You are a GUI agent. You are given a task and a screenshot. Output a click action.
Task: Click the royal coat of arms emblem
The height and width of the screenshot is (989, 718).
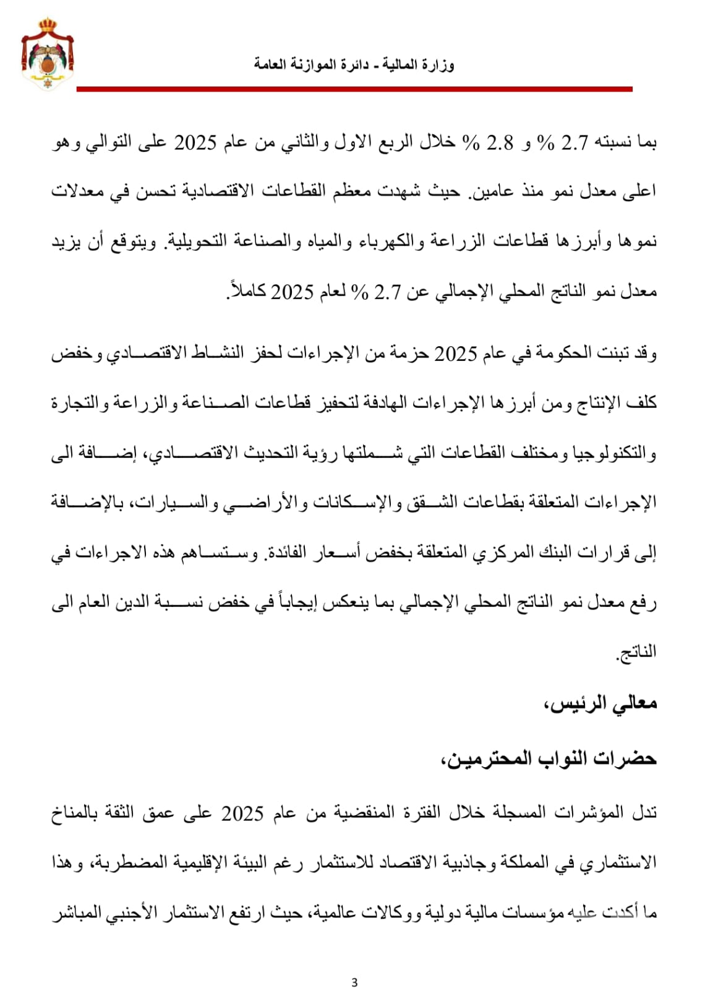point(48,54)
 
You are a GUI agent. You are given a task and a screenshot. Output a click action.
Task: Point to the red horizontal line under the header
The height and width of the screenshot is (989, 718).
point(354,90)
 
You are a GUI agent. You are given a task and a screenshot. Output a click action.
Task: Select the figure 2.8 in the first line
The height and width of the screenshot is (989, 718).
point(500,143)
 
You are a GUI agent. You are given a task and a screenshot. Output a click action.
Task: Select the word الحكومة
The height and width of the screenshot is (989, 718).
point(582,354)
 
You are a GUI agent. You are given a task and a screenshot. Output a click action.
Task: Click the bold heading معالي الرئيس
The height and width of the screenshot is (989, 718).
point(600,703)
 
